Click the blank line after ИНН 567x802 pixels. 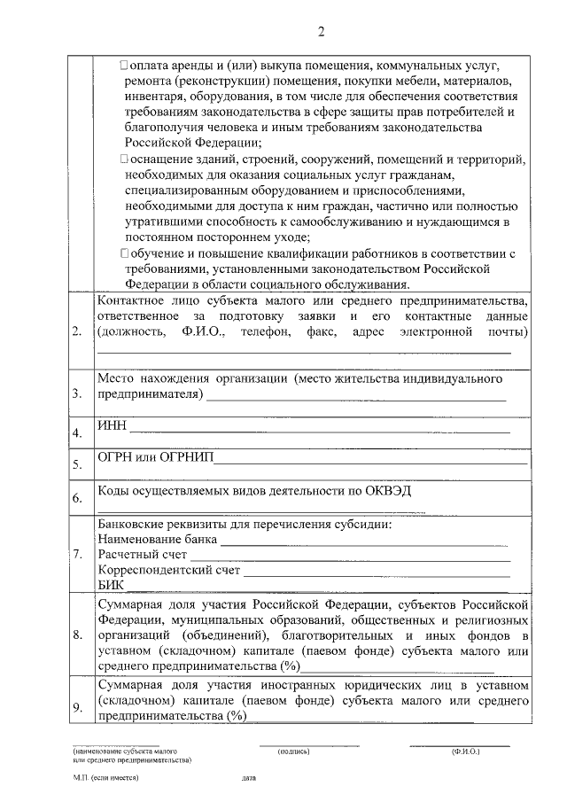(319, 432)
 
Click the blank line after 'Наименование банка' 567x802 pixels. (363, 542)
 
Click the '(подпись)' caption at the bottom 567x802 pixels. (293, 751)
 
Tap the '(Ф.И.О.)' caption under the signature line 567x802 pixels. (464, 751)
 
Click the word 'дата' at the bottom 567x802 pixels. (248, 778)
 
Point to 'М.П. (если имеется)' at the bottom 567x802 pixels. (106, 778)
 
